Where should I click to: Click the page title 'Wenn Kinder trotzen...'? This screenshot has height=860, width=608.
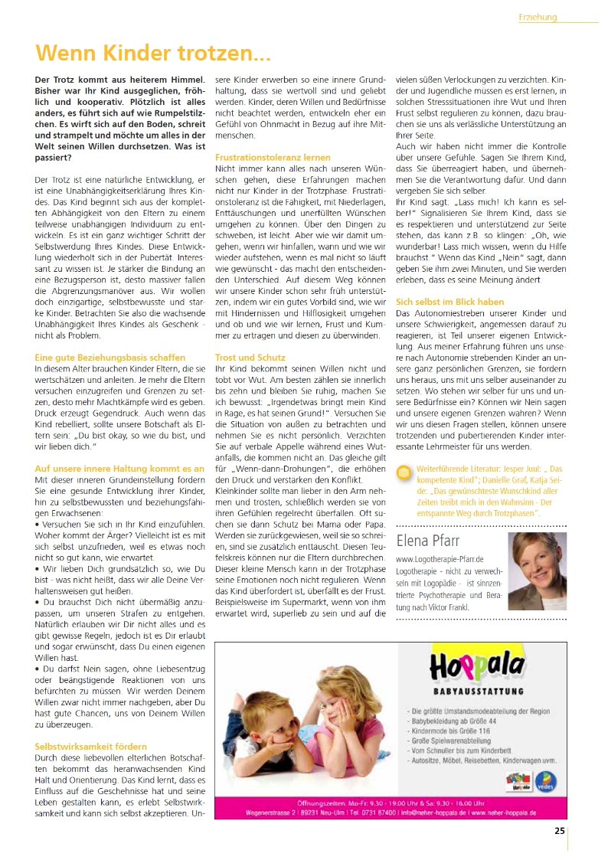(x=154, y=54)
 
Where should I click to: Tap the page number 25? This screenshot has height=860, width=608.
(x=560, y=830)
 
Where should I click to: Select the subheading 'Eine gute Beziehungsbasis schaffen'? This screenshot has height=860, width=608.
(x=110, y=357)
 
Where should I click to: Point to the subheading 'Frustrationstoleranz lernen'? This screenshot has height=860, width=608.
(x=273, y=156)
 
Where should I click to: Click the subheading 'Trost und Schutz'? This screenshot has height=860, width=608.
(x=250, y=357)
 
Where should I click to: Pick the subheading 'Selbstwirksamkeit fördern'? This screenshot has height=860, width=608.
(x=91, y=746)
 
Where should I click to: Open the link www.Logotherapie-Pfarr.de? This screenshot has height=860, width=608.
(x=440, y=560)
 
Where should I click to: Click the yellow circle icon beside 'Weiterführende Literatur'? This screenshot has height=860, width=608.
(x=404, y=471)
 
